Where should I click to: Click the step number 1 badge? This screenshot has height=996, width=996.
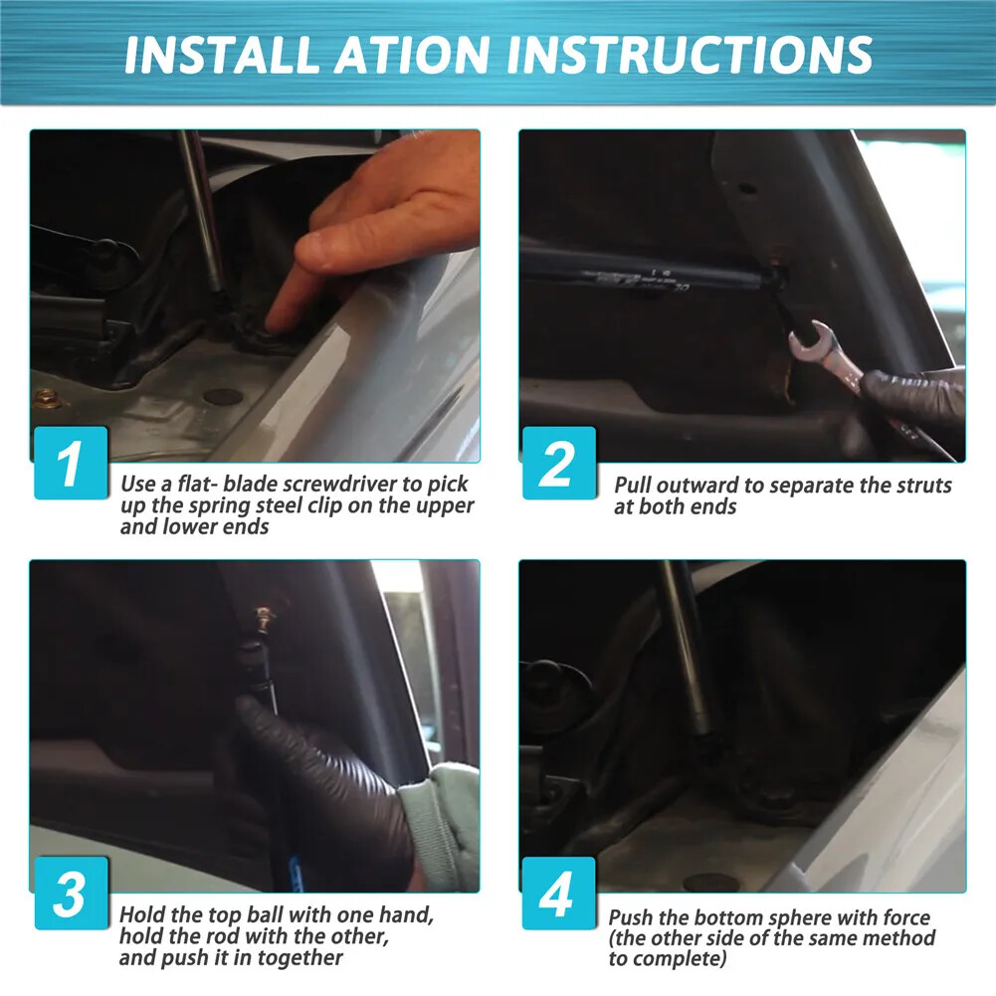click(71, 463)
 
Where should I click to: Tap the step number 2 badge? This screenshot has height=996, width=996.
click(559, 463)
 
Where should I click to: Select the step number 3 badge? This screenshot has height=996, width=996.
click(71, 894)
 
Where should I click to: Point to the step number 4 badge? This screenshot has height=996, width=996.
click(559, 894)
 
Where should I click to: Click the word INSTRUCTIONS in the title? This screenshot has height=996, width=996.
click(690, 55)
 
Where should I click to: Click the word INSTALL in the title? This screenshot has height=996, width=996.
click(221, 55)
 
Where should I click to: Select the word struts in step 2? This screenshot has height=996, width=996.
click(923, 486)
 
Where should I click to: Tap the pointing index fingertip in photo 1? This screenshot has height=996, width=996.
click(278, 318)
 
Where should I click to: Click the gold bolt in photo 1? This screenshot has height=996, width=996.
click(46, 398)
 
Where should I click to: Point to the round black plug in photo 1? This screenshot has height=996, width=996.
click(223, 397)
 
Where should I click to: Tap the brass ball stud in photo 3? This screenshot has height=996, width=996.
click(263, 616)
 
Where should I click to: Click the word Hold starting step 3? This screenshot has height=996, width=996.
click(143, 914)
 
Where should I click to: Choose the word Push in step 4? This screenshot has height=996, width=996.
click(631, 918)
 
